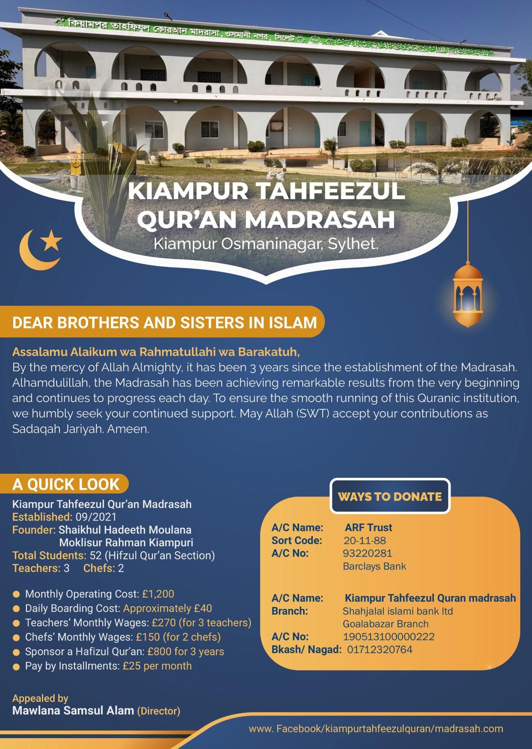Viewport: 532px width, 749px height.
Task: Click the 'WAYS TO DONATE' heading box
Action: (x=390, y=496)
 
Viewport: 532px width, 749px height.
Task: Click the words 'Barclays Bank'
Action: (x=374, y=566)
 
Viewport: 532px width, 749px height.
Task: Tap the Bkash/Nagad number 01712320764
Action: (x=379, y=649)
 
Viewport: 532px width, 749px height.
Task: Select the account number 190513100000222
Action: (x=388, y=637)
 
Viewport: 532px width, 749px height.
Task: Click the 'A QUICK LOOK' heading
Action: (x=66, y=485)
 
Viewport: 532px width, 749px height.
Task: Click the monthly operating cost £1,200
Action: (x=158, y=594)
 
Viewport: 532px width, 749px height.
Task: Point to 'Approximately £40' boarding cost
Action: (x=168, y=609)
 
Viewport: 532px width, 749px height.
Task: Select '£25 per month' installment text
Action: (x=157, y=666)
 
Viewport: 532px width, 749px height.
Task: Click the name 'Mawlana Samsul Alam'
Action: (x=73, y=711)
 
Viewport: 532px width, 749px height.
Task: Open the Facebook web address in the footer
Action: (x=376, y=729)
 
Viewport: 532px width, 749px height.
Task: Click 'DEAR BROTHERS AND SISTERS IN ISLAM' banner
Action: (x=164, y=323)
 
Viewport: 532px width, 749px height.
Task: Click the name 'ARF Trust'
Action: (x=368, y=528)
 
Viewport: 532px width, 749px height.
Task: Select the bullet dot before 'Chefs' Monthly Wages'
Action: (x=16, y=638)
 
